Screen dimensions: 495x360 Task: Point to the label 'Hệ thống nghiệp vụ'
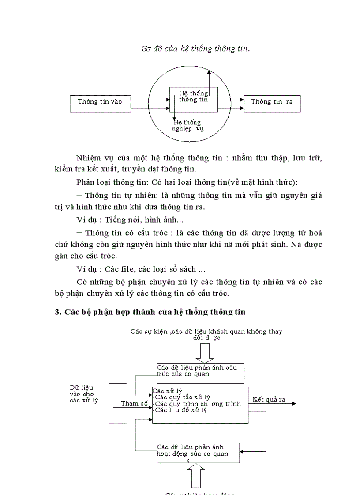[x=187, y=126]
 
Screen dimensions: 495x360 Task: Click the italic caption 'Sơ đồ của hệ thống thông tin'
[x=195, y=49]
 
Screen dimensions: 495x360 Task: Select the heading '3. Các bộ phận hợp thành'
[x=150, y=312]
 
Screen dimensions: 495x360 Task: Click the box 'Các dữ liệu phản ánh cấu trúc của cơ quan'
[x=200, y=373]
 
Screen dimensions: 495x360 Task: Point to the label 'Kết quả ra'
[x=269, y=400]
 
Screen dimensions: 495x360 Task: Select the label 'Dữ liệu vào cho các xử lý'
[x=84, y=394]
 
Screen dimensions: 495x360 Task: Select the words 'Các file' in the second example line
[x=117, y=269]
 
